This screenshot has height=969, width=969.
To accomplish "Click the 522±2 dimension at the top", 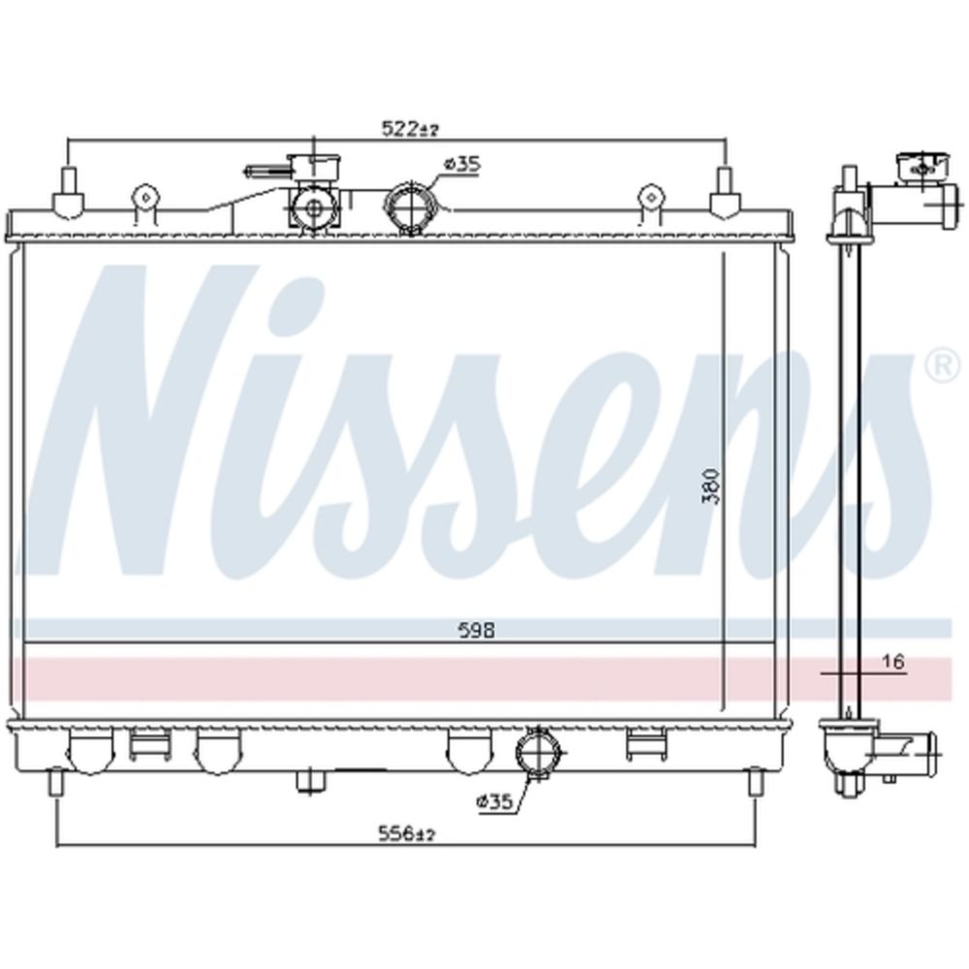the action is coord(410,129).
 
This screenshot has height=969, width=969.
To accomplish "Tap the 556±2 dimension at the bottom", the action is coord(407,834).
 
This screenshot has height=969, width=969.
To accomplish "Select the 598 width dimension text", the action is coord(477,631).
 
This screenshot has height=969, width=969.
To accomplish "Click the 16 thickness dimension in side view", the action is coord(893,662).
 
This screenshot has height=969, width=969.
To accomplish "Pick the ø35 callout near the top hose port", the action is coord(462,165).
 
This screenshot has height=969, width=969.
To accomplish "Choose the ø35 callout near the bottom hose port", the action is coord(494,802).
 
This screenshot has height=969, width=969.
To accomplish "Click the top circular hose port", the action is coord(411,206).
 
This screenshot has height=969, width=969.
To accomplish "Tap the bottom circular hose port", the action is coord(540,754).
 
